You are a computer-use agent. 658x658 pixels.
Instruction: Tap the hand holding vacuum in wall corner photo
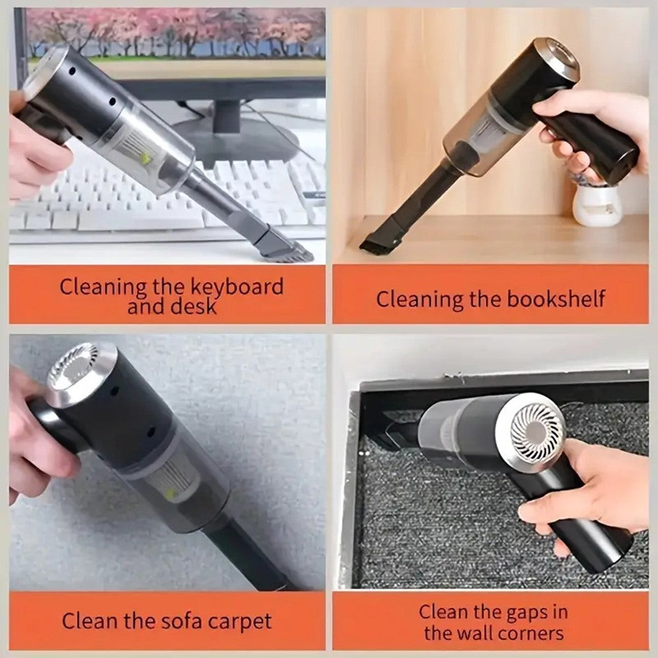coord(579,493)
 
